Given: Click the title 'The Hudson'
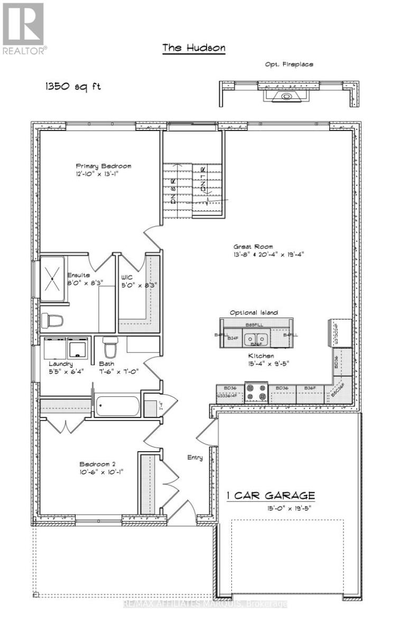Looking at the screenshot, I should click(193, 48).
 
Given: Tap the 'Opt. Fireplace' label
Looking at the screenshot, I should click(289, 64).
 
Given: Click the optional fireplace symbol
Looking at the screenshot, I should click(286, 97).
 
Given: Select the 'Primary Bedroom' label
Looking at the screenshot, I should click(103, 166).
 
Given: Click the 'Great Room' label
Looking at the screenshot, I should click(253, 247).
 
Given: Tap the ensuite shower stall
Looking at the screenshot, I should click(53, 278).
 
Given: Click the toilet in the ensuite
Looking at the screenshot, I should click(54, 320).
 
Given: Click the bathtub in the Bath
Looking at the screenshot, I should click(118, 407).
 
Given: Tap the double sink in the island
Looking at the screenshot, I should click(256, 338).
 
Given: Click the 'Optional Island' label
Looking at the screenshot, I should click(253, 313).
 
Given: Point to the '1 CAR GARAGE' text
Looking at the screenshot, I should click(271, 496).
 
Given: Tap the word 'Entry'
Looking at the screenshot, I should click(195, 458).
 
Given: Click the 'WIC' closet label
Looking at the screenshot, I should click(127, 275).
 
